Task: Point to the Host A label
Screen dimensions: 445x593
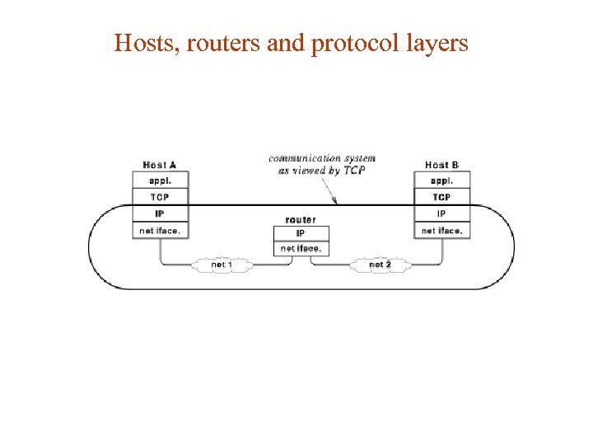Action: tap(160, 165)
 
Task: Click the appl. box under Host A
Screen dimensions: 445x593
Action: tap(161, 180)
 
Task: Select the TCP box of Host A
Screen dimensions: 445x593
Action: tap(161, 197)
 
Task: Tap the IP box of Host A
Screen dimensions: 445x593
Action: tap(161, 213)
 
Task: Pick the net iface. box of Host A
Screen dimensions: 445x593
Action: tap(161, 231)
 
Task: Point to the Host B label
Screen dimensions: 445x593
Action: tap(441, 165)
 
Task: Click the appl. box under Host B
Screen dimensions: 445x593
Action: tap(442, 180)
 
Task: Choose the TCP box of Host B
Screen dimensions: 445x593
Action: tap(442, 197)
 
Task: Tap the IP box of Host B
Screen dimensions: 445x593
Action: tap(442, 213)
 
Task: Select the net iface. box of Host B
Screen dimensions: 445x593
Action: tap(442, 231)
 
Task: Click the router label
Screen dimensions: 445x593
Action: tap(301, 220)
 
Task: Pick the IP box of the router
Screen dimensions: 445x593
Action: tap(301, 233)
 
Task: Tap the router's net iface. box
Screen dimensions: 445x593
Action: tap(301, 248)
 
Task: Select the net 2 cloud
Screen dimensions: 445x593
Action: tap(380, 265)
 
